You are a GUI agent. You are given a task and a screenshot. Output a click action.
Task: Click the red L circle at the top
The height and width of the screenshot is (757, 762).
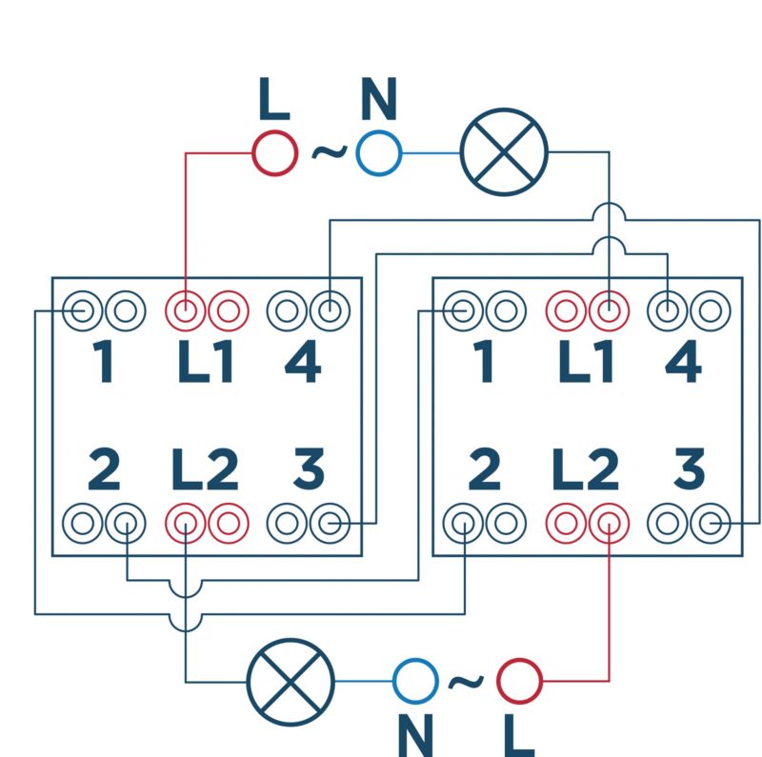(x=274, y=153)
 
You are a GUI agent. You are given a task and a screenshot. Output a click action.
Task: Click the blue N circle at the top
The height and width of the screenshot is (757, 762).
(x=379, y=153)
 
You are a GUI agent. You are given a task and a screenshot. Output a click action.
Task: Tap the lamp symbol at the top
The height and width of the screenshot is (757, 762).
(x=505, y=152)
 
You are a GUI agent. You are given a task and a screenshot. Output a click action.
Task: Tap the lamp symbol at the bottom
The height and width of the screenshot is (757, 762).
(x=291, y=682)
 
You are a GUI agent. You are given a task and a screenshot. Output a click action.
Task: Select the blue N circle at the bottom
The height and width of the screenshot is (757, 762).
(x=415, y=681)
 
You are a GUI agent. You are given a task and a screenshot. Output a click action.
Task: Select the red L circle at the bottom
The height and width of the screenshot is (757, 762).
(x=519, y=681)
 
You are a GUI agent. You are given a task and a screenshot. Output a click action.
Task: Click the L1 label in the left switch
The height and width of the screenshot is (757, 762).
(x=206, y=361)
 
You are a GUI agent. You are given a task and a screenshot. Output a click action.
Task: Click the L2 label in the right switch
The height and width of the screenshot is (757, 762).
(x=586, y=468)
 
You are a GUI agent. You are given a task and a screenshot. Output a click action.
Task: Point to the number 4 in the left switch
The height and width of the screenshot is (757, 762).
(x=303, y=361)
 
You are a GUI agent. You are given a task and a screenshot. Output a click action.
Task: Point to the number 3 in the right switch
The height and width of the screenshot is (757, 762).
(x=689, y=468)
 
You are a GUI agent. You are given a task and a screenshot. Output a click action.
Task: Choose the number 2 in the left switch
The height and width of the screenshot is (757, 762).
(x=104, y=468)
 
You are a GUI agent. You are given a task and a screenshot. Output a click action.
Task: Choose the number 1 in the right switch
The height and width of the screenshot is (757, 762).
(x=484, y=361)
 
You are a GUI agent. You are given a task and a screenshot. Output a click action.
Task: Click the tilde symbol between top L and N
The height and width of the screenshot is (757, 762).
(x=330, y=152)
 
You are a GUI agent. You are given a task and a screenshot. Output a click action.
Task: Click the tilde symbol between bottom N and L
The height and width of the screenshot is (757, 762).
(x=466, y=682)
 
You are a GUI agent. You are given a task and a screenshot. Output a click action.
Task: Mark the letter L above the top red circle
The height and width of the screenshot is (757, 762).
(x=274, y=99)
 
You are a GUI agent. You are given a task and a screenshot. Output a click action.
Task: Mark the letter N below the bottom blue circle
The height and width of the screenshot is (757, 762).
(x=415, y=736)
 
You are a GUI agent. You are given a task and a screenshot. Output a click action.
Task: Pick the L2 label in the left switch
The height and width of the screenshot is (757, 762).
(x=205, y=468)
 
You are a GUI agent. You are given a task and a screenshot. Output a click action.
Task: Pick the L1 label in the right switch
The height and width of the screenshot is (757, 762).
(x=586, y=361)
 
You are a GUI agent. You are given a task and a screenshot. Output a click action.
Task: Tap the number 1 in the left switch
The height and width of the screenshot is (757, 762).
(x=104, y=361)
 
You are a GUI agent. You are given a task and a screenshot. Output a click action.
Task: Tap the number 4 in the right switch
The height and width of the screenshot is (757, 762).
(x=683, y=361)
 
